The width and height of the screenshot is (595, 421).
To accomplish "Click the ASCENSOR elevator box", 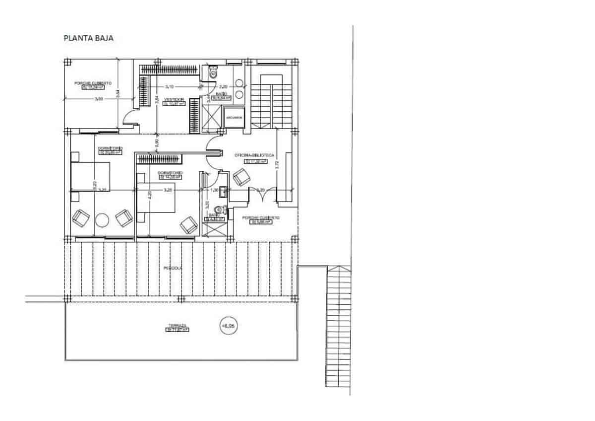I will coord(234,118).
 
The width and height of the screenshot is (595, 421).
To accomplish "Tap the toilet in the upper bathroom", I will coord(213,73).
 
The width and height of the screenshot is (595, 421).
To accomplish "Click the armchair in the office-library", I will coord(242,176).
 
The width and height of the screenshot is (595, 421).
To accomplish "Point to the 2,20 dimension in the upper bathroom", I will coord(224,85).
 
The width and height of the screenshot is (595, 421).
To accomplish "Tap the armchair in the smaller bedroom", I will coord(188,224).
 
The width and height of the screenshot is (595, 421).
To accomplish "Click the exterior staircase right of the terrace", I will coord(338,328).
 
